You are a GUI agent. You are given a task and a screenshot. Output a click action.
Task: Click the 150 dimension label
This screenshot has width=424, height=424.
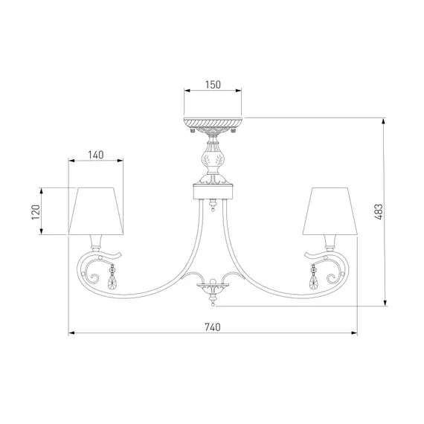pos(213,85)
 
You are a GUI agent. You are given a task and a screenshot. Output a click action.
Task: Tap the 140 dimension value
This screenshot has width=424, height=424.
pos(96,155)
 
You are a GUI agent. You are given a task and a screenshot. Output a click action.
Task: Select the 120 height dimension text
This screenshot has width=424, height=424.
pos(36,212)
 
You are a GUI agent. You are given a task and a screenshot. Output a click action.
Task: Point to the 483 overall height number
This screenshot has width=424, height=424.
pos(379,212)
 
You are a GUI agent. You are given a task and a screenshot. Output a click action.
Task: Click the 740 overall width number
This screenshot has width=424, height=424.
pos(213,327)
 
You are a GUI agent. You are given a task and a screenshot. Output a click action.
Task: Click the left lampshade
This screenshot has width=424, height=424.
pos(96,211)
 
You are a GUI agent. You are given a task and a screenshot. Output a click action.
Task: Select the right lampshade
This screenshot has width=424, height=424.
pos(330,211)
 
